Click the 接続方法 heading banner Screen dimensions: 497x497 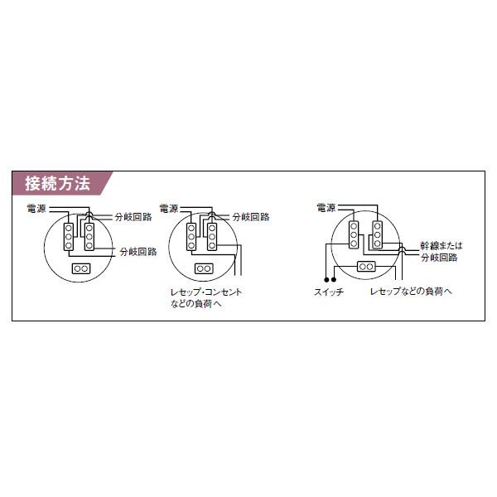(62, 183)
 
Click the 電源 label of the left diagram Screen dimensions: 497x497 (36, 208)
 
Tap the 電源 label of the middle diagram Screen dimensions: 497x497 (169, 208)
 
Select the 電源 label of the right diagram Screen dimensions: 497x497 (326, 208)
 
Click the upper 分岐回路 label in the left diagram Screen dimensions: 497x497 (133, 217)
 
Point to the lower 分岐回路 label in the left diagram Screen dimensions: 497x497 (138, 252)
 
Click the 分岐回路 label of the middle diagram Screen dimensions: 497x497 (251, 217)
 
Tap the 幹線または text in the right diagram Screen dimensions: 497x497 (442, 246)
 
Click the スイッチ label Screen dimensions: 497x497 (329, 292)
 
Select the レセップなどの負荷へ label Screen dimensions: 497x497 (411, 291)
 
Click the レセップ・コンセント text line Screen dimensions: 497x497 (206, 292)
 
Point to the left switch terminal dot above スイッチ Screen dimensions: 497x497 (326, 280)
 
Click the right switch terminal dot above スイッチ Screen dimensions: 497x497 (334, 280)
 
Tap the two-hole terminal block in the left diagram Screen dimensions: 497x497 (81, 268)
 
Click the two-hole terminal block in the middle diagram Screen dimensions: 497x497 (204, 268)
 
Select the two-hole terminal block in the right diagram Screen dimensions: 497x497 (366, 267)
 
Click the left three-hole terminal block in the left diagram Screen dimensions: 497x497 (69, 237)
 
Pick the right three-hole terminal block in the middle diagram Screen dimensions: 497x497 (212, 237)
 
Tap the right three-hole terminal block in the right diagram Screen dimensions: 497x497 (377, 235)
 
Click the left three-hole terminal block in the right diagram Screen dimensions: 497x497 (354, 235)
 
